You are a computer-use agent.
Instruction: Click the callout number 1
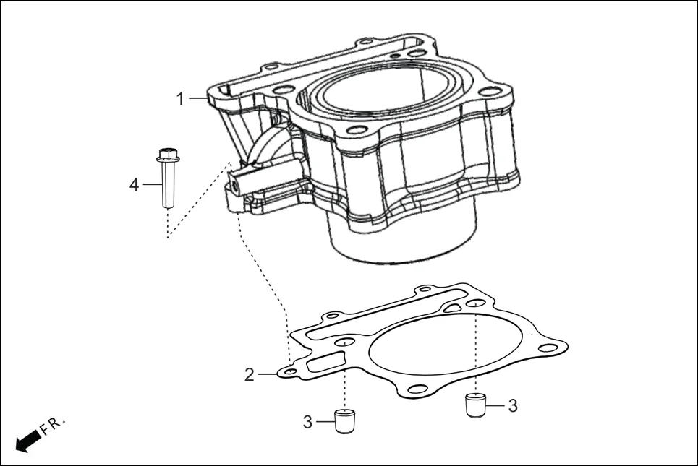[181, 99]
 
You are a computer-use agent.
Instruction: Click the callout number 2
[249, 375]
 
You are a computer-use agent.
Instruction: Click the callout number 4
[134, 185]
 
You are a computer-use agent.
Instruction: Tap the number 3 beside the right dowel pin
[513, 406]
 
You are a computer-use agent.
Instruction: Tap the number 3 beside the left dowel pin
[307, 422]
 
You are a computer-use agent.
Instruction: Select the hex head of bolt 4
[167, 153]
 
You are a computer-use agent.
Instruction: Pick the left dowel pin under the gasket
[346, 420]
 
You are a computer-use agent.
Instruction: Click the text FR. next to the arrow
[53, 425]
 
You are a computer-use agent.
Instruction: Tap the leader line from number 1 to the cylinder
[198, 99]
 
